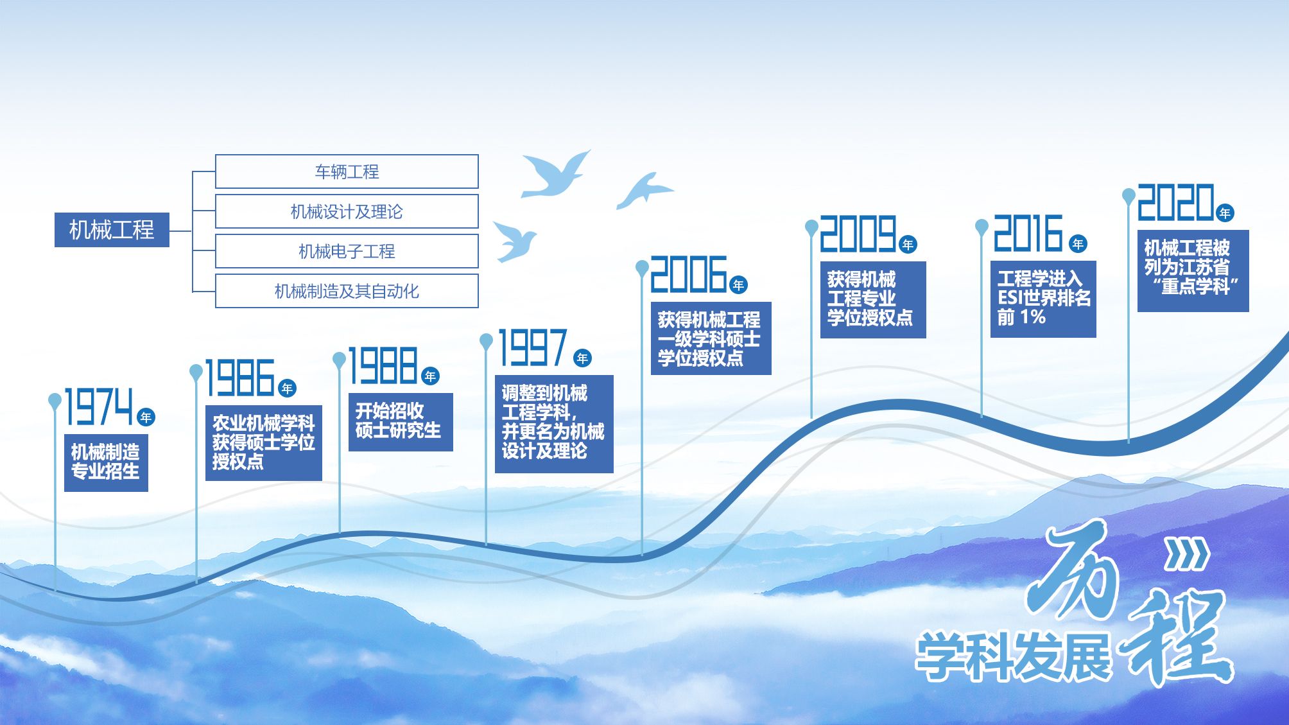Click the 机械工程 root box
pos(112,229)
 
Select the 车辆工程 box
pos(347,171)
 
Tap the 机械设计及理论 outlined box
pos(347,211)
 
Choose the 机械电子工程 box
pos(347,251)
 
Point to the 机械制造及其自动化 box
pos(347,291)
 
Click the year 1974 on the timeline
pos(99,406)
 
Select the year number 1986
pos(240,378)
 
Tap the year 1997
pos(533,347)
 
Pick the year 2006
pos(689,274)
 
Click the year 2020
pos(1175,202)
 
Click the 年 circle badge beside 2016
pos(1078,244)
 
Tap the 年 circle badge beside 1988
pos(430,376)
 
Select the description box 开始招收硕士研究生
pos(401,422)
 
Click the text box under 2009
pos(873,299)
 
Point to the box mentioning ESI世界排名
pos(1043,299)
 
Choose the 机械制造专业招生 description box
pos(106,462)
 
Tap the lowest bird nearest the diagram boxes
pos(514,241)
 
